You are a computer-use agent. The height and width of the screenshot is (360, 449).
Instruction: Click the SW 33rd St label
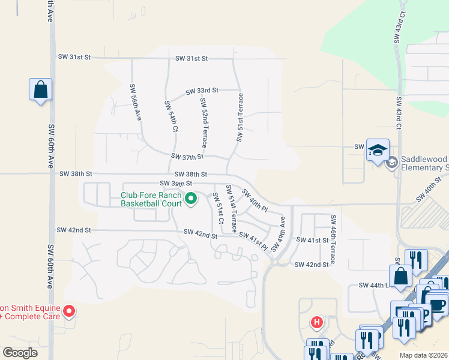[202, 91]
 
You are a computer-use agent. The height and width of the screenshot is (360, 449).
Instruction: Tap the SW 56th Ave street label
[135, 103]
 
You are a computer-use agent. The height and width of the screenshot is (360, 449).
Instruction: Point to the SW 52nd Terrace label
[203, 122]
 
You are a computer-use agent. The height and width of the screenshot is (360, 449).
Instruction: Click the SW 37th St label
[187, 157]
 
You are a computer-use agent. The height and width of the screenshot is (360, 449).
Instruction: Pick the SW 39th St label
[176, 183]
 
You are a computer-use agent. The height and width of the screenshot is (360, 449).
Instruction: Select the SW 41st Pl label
[253, 240]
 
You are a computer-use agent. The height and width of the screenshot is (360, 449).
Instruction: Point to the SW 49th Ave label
[278, 235]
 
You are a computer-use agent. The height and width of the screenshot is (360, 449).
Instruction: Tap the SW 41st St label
[313, 240]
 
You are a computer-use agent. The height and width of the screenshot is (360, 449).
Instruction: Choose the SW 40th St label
[429, 193]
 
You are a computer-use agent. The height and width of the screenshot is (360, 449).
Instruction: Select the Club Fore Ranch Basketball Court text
[151, 199]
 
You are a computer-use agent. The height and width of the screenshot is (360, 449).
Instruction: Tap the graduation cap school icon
[378, 150]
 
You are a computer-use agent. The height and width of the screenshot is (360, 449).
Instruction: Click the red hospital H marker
[316, 323]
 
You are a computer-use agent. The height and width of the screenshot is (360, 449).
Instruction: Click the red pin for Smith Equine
[69, 311]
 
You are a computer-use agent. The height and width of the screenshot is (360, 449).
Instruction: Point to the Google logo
[20, 352]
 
